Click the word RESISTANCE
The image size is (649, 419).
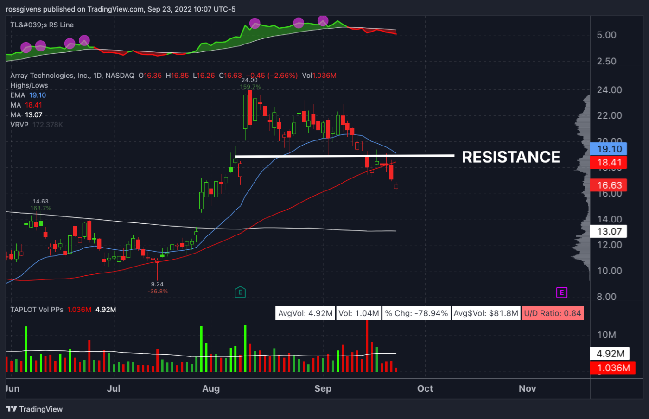pos(511,157)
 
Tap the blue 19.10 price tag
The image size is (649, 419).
pos(608,149)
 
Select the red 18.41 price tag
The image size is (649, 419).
pos(608,162)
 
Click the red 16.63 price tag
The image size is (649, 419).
pos(608,185)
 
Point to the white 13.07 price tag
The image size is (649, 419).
pos(608,231)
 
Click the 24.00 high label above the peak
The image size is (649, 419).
pos(249,80)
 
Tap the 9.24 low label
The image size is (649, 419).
pos(157,284)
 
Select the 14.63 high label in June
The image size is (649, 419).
pos(40,201)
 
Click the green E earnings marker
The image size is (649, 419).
pos(240,292)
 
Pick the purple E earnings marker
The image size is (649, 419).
pos(561,292)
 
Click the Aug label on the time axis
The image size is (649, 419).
pos(211,388)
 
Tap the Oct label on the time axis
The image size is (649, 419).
pos(425,388)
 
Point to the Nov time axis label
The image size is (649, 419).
pos(528,388)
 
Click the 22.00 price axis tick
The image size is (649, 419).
pos(609,115)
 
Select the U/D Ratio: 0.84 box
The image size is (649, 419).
pos(553,313)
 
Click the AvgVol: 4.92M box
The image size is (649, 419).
pos(305,313)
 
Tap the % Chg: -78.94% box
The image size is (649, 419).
pos(416,313)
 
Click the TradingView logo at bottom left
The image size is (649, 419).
pos(34,409)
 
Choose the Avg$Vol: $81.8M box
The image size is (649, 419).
pos(486,313)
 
